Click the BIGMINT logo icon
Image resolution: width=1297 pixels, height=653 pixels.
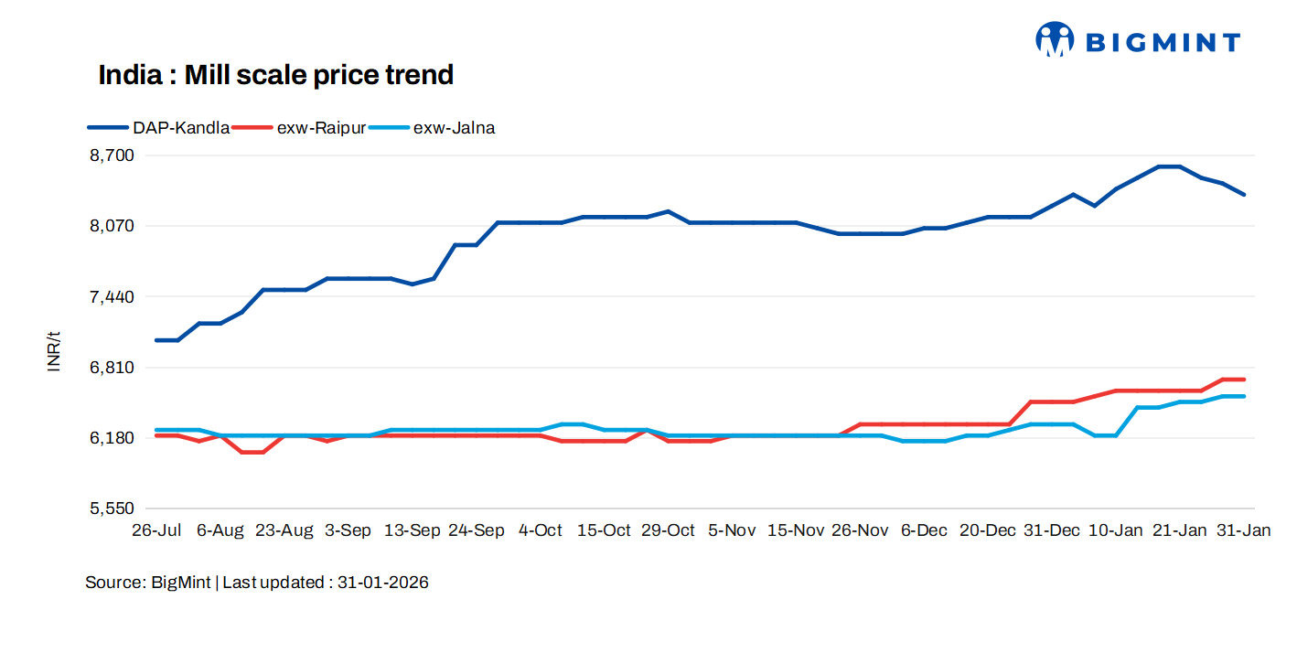1054,39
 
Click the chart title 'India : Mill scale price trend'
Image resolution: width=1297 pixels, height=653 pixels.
275,75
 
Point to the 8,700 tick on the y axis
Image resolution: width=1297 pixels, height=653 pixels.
112,155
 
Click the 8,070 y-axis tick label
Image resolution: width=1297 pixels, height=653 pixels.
112,226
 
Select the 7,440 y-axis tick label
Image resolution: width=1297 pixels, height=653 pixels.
112,297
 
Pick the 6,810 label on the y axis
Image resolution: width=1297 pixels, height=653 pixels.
112,368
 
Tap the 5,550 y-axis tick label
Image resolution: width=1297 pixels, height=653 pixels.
112,508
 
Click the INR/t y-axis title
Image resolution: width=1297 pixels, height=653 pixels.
54,350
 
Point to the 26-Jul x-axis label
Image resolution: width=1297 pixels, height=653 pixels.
156,531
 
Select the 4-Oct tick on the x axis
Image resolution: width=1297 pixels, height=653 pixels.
541,531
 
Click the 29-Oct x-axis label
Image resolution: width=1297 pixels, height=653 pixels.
668,531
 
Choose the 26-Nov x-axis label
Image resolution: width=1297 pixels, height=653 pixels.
860,531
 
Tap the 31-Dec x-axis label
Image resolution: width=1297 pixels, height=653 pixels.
1051,531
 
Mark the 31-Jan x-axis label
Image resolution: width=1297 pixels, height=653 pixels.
1243,531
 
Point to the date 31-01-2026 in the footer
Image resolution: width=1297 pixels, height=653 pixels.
383,583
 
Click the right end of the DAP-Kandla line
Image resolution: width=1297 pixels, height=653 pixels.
1244,195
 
